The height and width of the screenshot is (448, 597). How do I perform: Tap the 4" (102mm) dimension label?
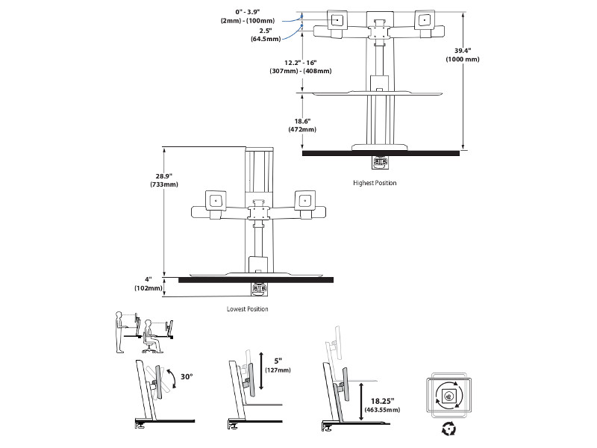coord(149,284)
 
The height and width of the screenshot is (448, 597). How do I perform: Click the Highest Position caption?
coord(375,182)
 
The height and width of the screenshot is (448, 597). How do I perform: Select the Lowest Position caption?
coord(248,308)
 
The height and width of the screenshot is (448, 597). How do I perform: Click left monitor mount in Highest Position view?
coord(337,22)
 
